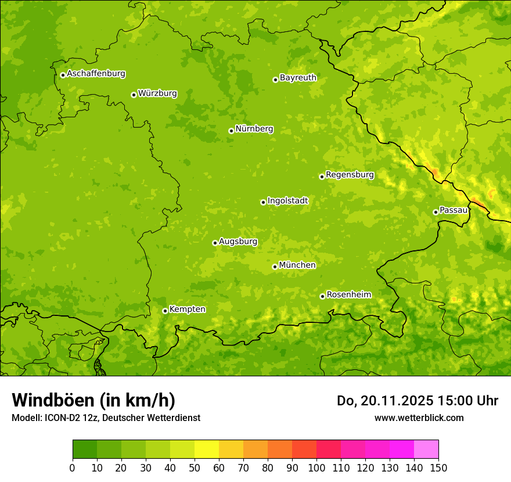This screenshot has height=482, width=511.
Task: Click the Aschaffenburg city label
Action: (96, 74)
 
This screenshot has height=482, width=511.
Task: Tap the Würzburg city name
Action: (157, 93)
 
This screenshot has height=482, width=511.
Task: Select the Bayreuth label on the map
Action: (298, 78)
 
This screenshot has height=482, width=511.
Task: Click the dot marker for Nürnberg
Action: (231, 131)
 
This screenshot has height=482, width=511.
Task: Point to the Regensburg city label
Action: (350, 175)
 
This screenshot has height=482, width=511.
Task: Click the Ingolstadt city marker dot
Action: (263, 202)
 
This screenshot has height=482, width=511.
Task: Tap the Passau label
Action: (454, 210)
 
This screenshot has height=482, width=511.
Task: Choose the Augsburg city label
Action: (238, 242)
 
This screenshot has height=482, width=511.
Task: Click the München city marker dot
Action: (275, 267)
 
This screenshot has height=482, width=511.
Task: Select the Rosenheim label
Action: (348, 295)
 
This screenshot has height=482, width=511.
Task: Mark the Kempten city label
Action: (187, 310)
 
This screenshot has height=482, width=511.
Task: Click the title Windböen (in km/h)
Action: (93, 400)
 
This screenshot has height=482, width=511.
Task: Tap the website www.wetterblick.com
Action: (419, 418)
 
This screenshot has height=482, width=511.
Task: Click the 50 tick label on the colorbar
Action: (195, 468)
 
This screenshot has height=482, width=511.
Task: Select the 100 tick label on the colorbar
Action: (316, 468)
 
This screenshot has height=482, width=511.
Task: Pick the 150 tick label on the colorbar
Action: (438, 468)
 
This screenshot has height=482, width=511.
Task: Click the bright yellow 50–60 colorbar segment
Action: (207, 449)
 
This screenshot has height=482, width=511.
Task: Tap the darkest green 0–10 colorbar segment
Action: (85, 449)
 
